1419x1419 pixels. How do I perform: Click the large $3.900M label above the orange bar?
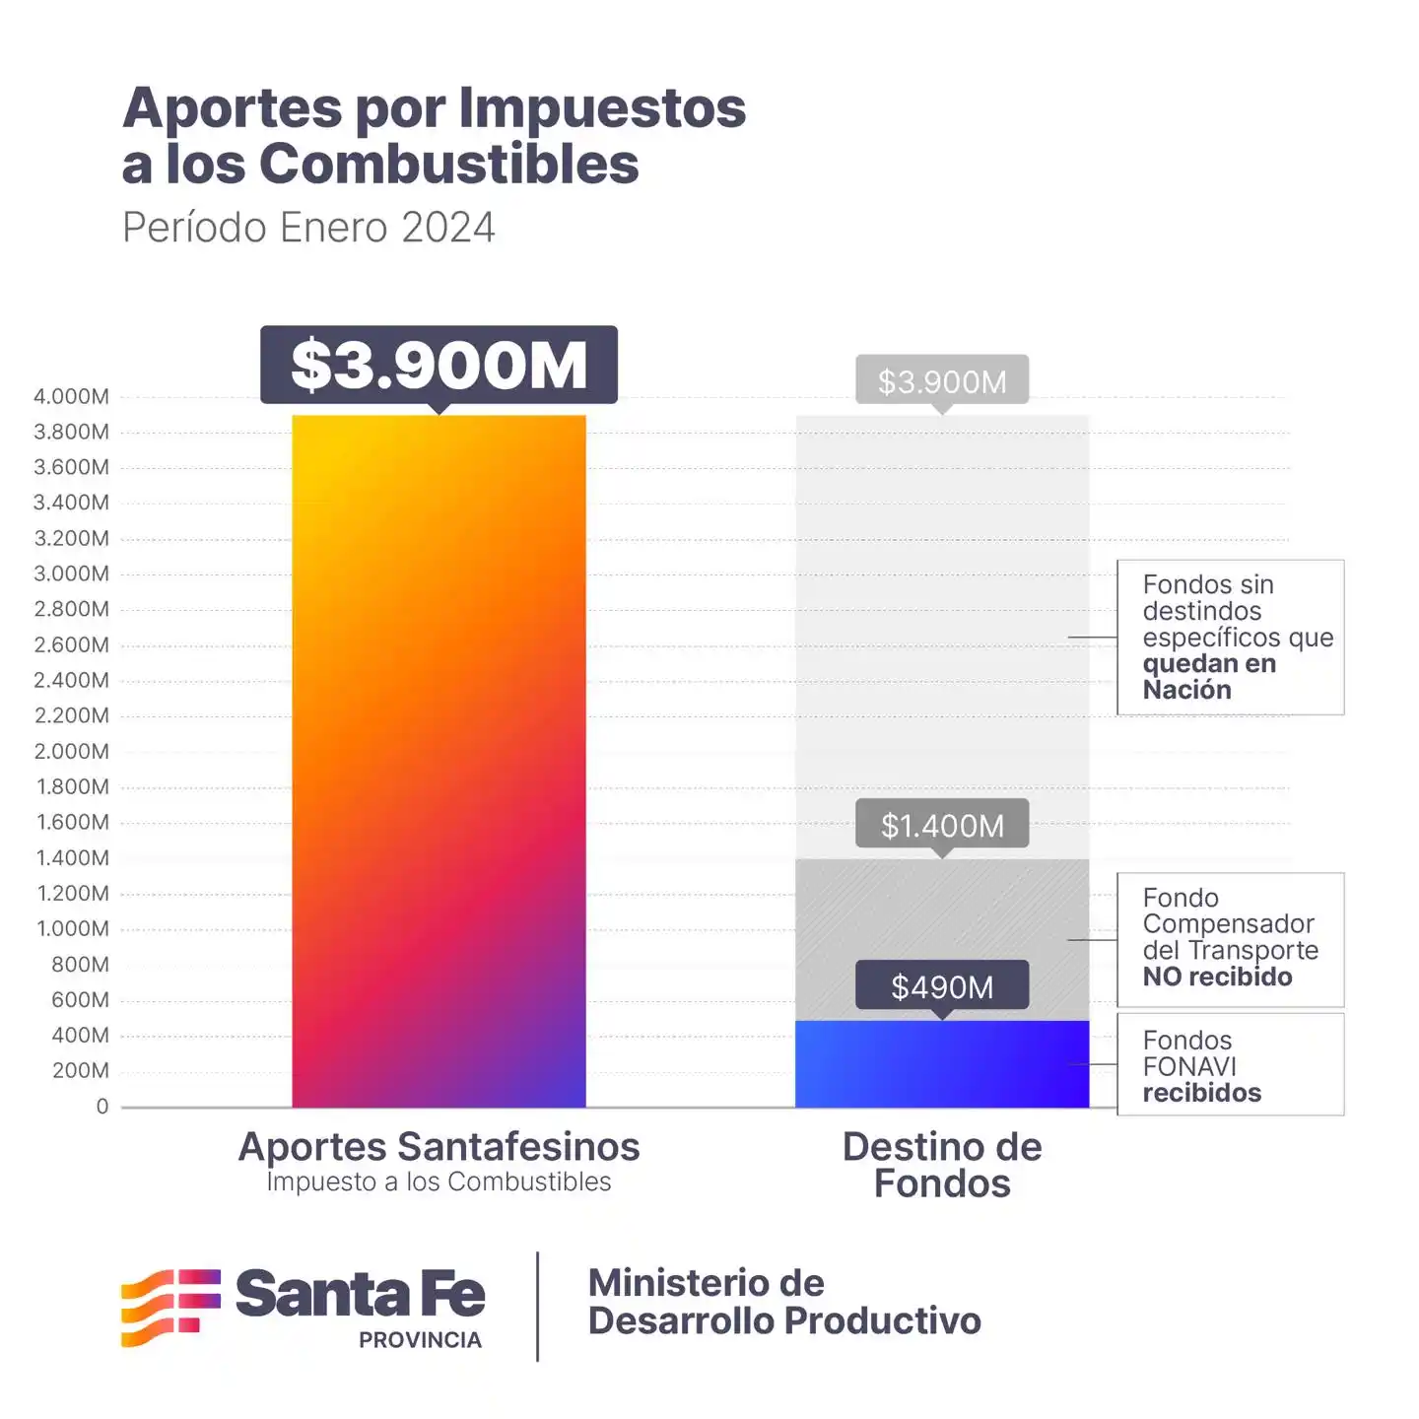pos(439,365)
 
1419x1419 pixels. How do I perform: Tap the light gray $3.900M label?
pos(942,380)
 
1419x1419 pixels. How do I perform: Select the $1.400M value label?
pos(942,824)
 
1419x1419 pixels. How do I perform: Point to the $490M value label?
pos(942,985)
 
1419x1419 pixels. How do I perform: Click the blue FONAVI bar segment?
pos(942,1064)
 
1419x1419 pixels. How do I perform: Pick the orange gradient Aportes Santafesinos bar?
pos(439,759)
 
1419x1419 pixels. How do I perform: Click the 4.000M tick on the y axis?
pos(71,396)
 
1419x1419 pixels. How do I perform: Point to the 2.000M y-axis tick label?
pos(71,751)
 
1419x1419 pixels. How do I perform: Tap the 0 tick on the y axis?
pos(102,1106)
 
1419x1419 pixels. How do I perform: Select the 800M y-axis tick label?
pos(80,964)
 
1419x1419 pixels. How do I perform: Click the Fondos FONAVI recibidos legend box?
pos(1230,1065)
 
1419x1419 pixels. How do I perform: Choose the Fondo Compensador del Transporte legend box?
pos(1230,938)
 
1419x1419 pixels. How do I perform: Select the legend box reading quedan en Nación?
pos(1230,637)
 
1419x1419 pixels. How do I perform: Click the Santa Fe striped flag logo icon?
pos(170,1307)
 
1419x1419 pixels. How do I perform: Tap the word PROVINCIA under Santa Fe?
pos(420,1340)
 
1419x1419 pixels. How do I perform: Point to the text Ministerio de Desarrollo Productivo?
pos(783,1302)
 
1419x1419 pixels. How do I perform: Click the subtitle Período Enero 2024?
pos(308,228)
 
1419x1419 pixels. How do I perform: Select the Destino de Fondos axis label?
pos(942,1165)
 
